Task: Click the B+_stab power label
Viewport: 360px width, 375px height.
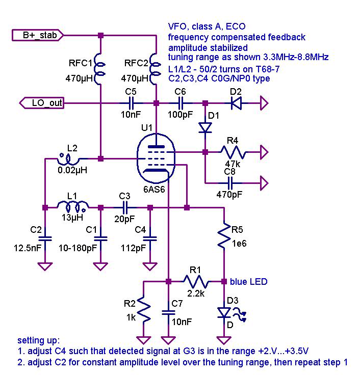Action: [x=38, y=35]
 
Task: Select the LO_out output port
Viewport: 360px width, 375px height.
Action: [x=42, y=103]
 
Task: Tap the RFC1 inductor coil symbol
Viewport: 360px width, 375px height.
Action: [x=99, y=69]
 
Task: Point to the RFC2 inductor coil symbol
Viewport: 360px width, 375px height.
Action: [x=155, y=69]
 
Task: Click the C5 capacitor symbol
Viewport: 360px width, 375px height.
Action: [x=131, y=103]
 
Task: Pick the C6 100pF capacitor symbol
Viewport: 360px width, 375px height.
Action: [x=181, y=103]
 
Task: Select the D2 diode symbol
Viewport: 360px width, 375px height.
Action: [x=236, y=103]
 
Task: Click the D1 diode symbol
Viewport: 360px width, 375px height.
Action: [x=205, y=127]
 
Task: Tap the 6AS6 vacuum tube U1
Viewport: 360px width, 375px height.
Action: [x=156, y=158]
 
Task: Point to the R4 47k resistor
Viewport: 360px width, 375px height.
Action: [x=233, y=152]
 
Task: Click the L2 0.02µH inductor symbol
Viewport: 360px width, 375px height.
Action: [x=68, y=159]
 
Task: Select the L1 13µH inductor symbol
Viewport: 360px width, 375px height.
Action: [x=73, y=207]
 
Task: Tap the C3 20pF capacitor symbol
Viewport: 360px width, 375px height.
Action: [x=125, y=207]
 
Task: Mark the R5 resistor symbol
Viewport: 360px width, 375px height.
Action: [x=224, y=235]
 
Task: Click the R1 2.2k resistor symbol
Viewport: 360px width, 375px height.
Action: [x=196, y=282]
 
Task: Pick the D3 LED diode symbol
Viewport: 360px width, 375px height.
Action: [x=224, y=312]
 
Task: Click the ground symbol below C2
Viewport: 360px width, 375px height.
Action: [x=45, y=266]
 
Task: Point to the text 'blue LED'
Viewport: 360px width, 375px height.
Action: [x=248, y=282]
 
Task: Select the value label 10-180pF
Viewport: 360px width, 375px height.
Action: [x=78, y=248]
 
